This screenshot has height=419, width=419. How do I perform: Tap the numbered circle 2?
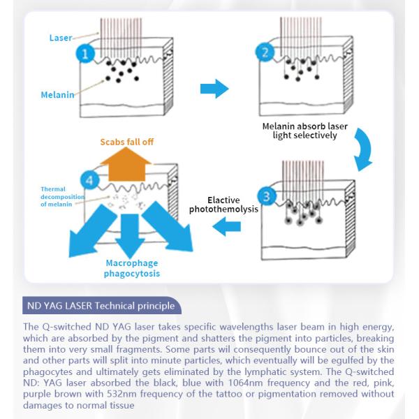click(x=264, y=53)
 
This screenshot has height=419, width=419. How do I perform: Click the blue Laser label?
click(x=61, y=38)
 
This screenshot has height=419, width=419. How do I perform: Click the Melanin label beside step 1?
click(x=57, y=94)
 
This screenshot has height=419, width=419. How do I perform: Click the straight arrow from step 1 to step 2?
click(x=214, y=89)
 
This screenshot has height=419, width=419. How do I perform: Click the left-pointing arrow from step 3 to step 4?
click(x=228, y=224)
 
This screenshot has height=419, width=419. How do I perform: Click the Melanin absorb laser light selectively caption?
click(x=304, y=131)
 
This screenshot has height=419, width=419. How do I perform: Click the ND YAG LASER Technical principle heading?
click(x=103, y=306)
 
